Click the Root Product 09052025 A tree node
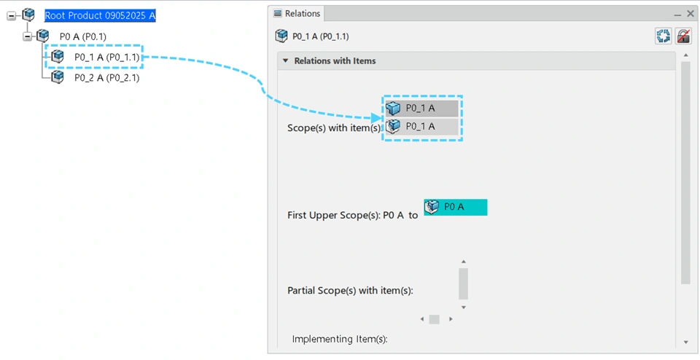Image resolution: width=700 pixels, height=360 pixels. (100, 15)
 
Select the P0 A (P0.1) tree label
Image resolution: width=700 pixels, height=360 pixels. (83, 36)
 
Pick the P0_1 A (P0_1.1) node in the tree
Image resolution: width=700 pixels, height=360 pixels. (106, 57)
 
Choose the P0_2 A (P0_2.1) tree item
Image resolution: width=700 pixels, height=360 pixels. (106, 78)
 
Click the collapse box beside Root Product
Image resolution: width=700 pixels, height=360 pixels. (12, 15)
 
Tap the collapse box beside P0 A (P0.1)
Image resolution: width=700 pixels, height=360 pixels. (28, 36)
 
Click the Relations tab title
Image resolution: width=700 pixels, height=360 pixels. (302, 14)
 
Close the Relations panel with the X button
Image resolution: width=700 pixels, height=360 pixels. (690, 14)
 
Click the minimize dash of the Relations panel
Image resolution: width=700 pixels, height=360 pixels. (677, 14)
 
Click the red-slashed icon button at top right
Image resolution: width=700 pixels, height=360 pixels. (683, 36)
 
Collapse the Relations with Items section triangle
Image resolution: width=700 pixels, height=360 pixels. (286, 61)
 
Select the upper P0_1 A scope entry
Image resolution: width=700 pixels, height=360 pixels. (421, 109)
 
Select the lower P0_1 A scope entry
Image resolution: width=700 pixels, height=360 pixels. (421, 127)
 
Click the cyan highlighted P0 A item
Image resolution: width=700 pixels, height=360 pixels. (455, 207)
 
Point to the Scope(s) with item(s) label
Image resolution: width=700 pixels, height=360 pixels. (334, 128)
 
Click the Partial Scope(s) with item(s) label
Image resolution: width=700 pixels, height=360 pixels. (350, 291)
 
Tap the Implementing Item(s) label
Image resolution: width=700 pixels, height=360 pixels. (340, 339)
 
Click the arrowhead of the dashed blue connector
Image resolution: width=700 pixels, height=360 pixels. (377, 117)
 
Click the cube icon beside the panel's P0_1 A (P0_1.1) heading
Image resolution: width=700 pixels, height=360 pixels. (281, 36)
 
